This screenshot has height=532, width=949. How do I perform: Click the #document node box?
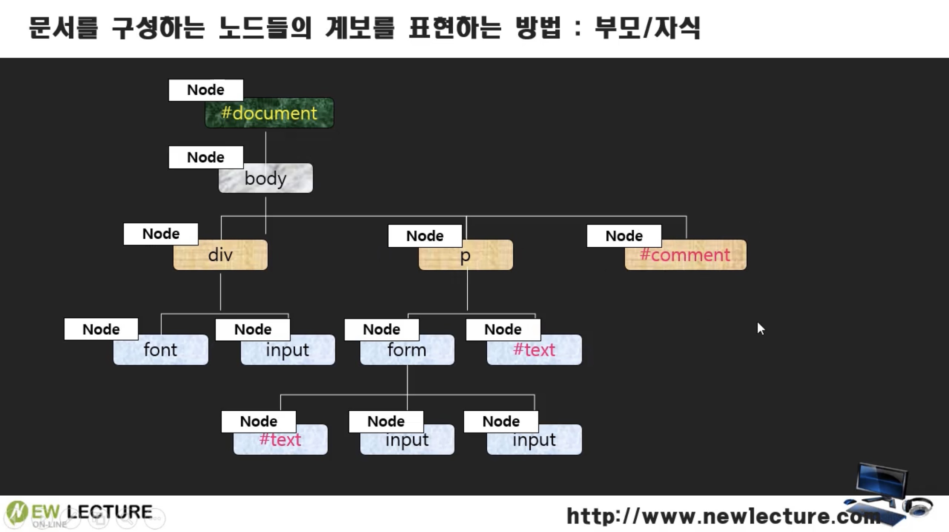coord(269,114)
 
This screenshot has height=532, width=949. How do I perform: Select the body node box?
coord(265,178)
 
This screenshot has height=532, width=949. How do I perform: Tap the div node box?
coord(221,255)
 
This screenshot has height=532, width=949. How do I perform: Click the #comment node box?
coord(685,255)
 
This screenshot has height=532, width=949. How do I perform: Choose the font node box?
coord(160,350)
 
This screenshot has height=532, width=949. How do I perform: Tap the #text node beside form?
coord(534,350)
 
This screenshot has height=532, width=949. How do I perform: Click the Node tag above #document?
coord(206,90)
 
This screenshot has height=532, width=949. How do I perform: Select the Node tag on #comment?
coord(624,236)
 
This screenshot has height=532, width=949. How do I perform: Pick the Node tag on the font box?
coord(101,329)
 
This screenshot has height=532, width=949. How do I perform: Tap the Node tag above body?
coord(206,158)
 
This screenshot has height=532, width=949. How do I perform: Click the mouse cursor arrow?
coord(760,328)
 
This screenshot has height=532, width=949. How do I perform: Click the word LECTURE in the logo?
coord(110,512)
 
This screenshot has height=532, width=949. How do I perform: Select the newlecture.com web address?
coord(723,516)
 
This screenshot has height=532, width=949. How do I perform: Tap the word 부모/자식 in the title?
coord(647,28)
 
